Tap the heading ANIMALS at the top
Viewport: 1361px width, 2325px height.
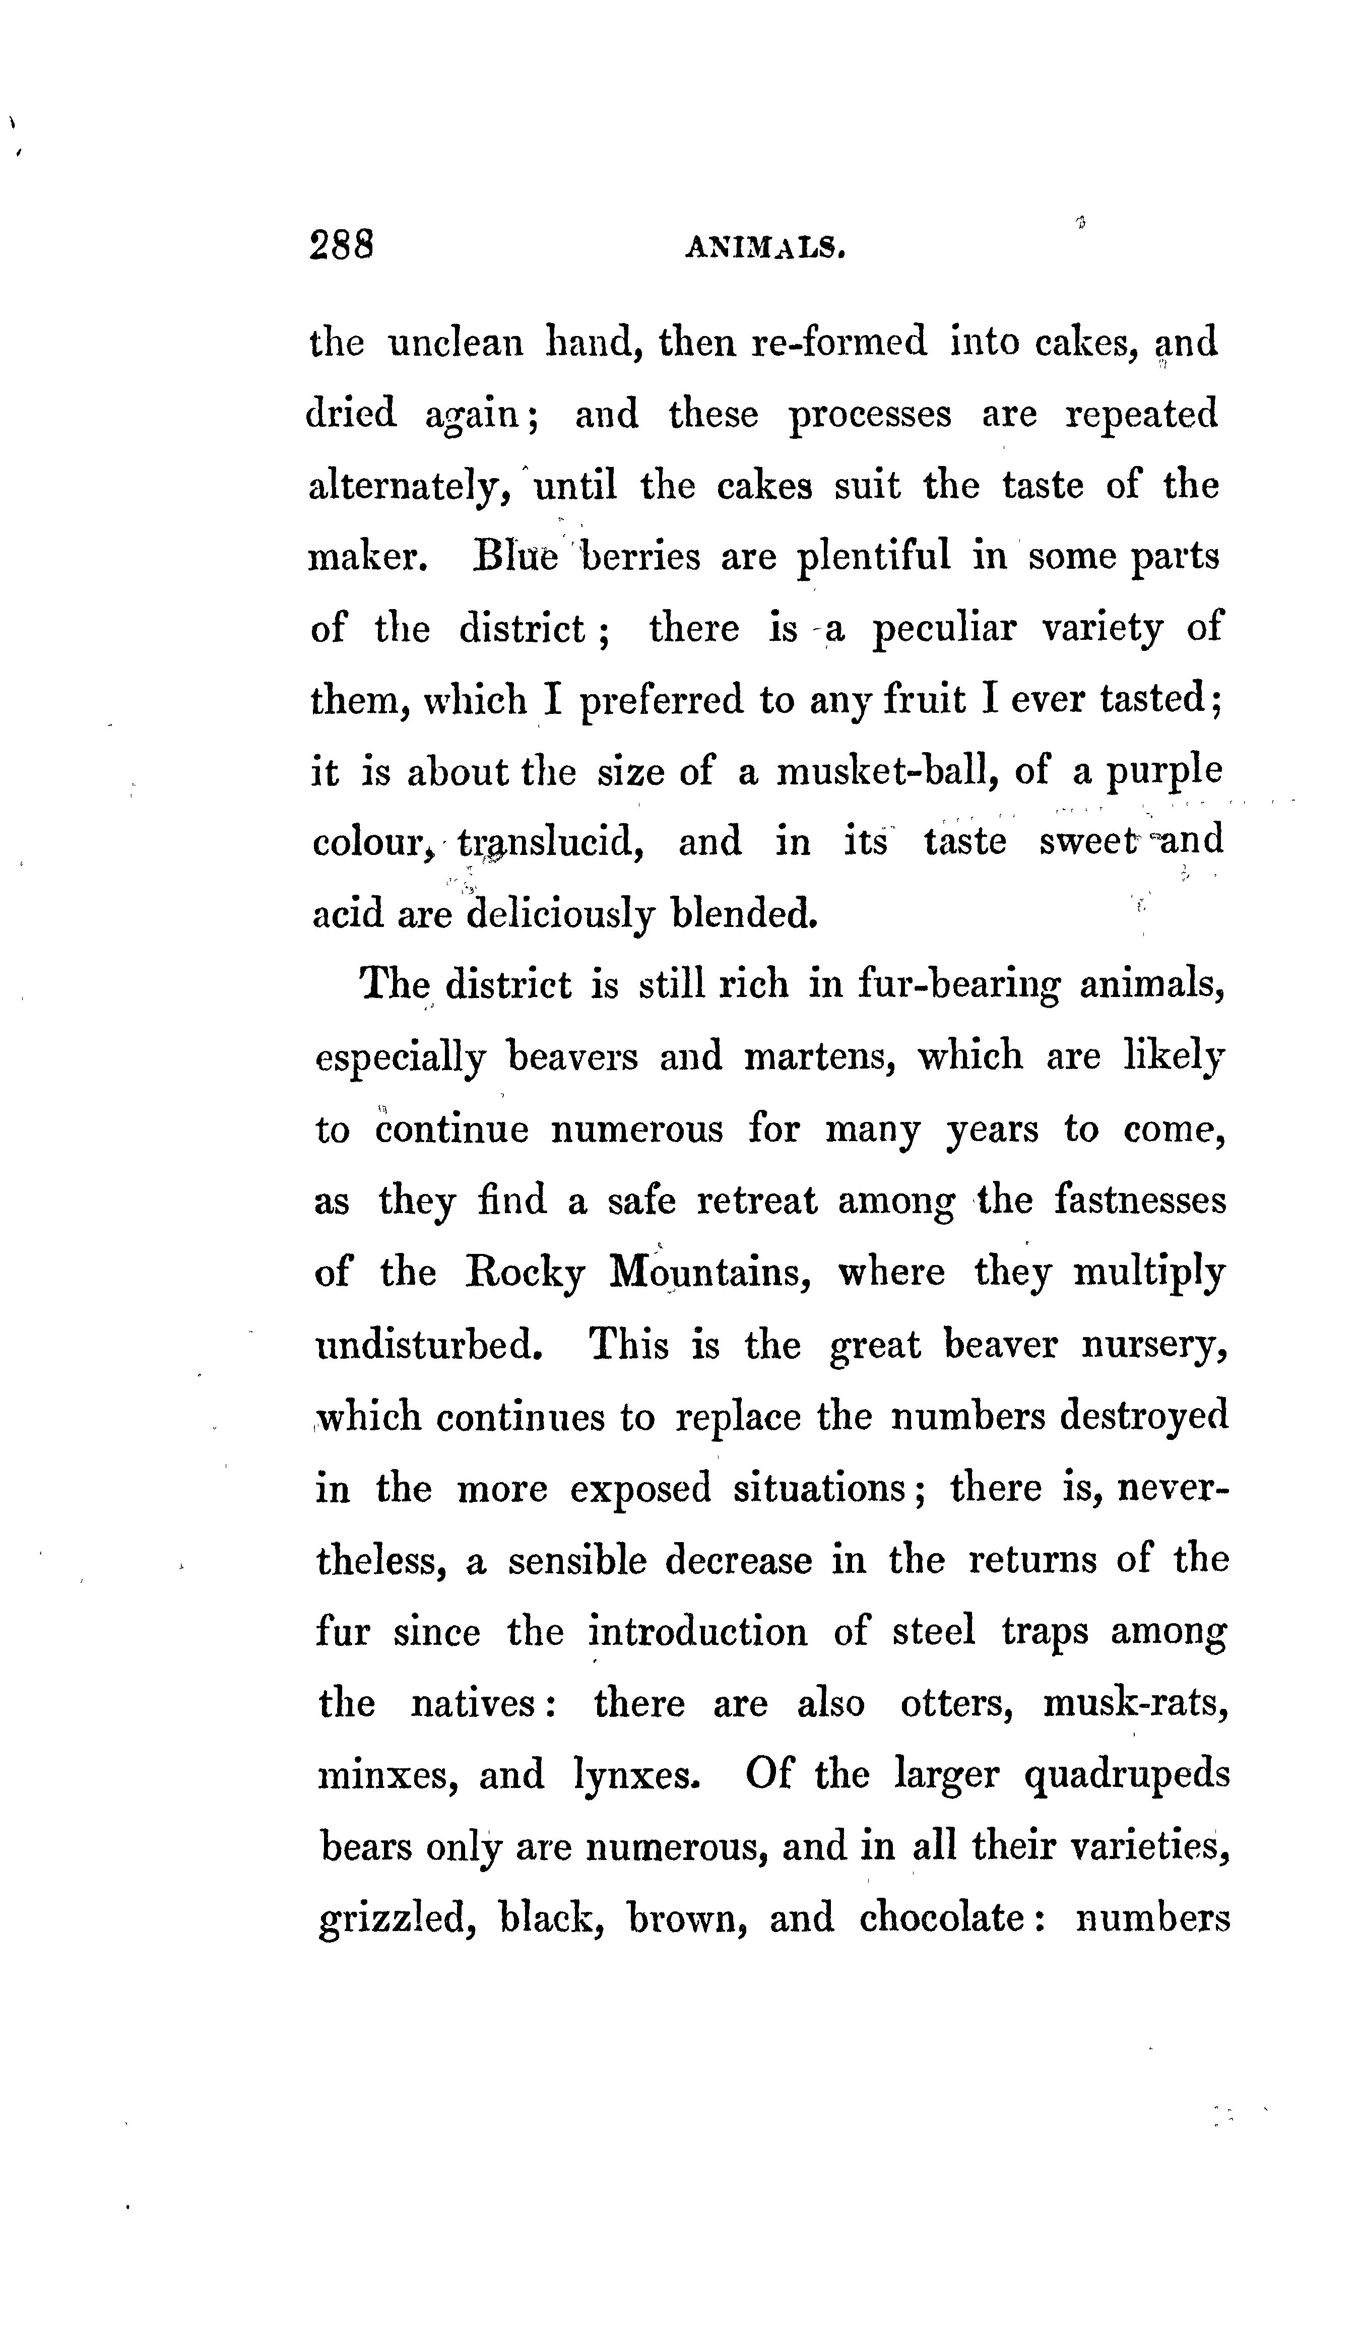(766, 247)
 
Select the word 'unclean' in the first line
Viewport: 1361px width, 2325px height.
(456, 343)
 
